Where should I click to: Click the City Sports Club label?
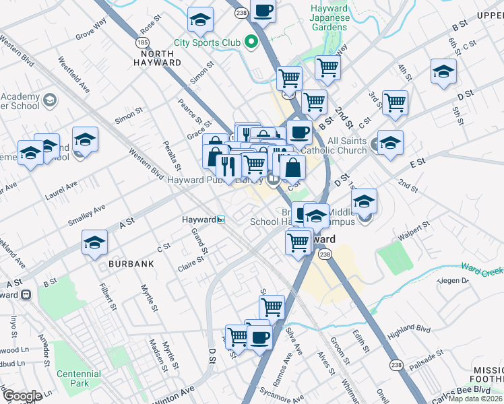point(207,42)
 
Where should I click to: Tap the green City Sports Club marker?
point(252,42)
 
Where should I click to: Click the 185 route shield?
point(144,42)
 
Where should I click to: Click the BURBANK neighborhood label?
point(131,265)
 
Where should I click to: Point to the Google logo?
point(22,396)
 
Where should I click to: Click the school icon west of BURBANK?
point(95,244)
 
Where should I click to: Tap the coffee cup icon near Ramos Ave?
point(259,337)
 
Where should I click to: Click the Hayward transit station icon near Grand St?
point(220,220)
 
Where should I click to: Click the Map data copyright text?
point(476,398)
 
